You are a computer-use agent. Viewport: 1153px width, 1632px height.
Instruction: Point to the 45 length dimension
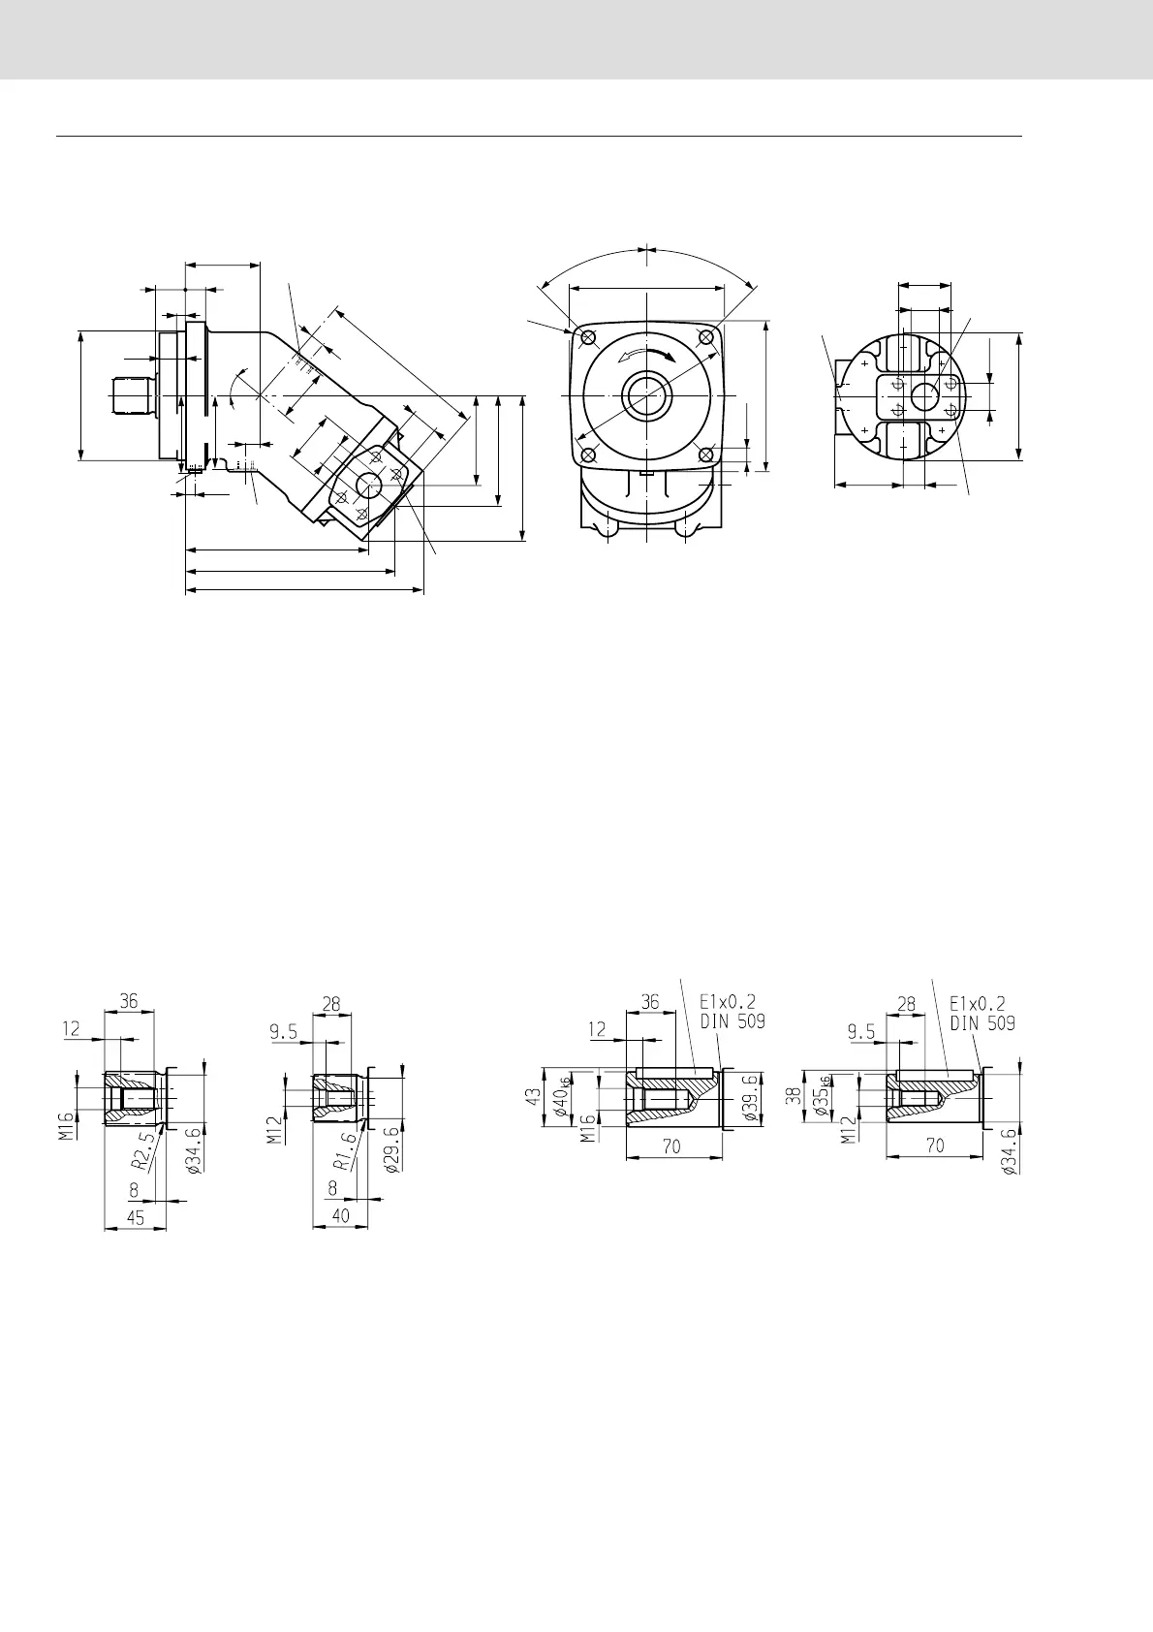coord(136,1217)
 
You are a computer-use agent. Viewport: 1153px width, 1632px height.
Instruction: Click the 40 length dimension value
coord(340,1215)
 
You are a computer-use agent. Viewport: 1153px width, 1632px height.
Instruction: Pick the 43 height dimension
coord(533,1096)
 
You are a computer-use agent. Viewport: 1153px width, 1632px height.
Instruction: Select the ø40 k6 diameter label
coord(561,1096)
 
